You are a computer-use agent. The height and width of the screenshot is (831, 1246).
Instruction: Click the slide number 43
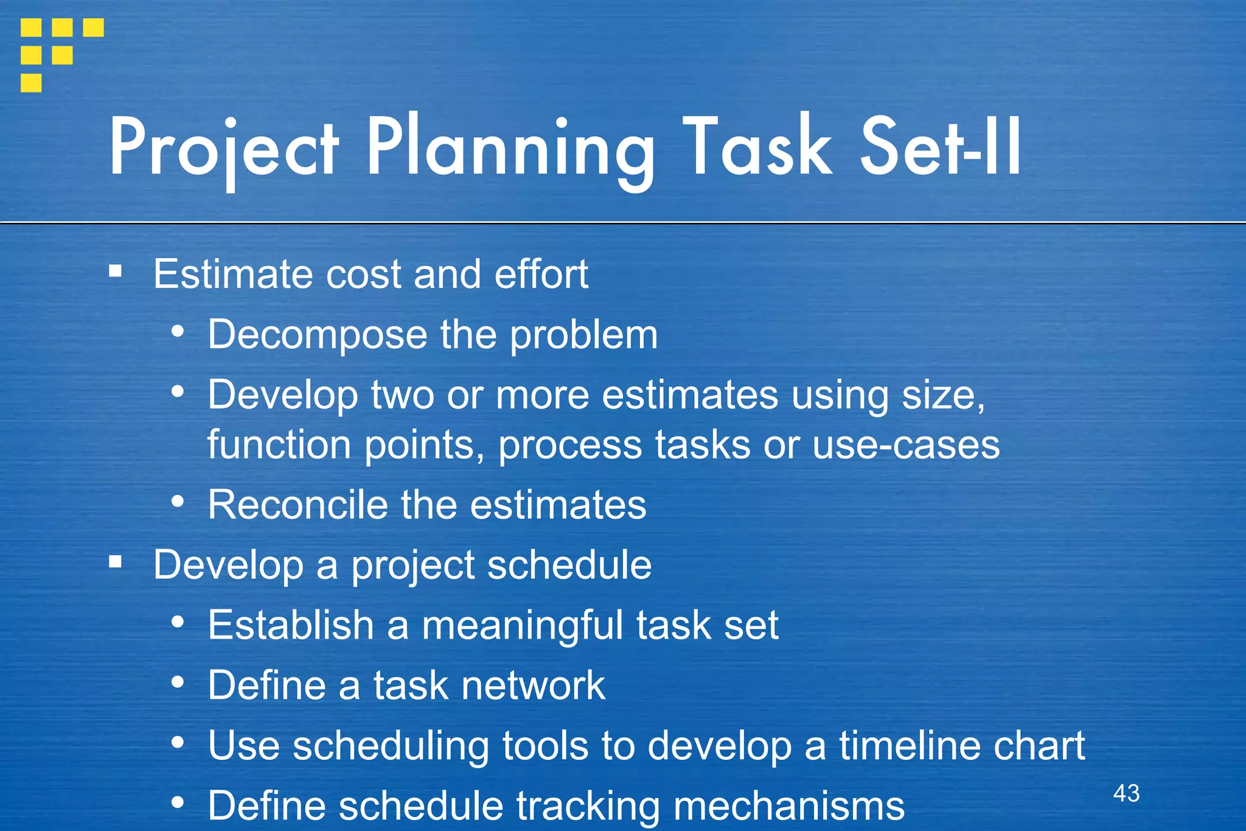click(x=1126, y=793)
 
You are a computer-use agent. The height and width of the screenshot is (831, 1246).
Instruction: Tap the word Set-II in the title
click(x=941, y=148)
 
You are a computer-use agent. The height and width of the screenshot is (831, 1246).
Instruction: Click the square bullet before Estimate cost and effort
click(x=116, y=270)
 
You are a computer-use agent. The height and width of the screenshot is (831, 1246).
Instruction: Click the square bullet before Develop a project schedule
click(x=116, y=561)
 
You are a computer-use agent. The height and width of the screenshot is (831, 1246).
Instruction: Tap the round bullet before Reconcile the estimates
click(x=178, y=502)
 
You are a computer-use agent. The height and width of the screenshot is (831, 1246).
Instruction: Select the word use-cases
click(x=906, y=444)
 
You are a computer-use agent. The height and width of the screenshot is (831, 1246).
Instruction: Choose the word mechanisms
click(x=789, y=806)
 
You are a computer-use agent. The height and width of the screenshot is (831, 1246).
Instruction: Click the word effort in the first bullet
click(x=541, y=274)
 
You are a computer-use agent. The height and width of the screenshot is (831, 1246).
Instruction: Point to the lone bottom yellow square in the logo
click(x=31, y=83)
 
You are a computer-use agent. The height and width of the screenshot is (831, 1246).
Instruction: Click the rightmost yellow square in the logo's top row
click(x=93, y=27)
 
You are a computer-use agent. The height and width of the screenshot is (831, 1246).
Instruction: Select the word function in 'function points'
click(x=279, y=444)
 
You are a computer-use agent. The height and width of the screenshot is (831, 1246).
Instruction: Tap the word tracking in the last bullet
click(x=588, y=806)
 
